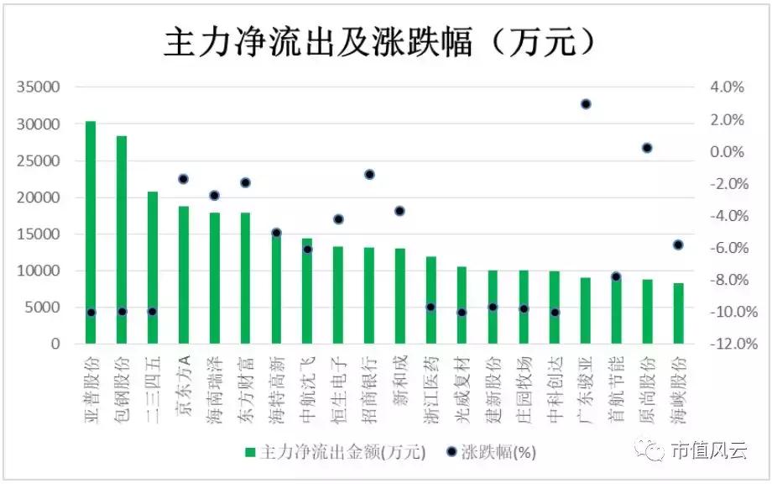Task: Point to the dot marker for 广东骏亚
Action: coord(586,104)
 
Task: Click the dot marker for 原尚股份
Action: coord(647,148)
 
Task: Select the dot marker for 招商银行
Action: coord(369,174)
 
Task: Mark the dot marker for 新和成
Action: coord(399,211)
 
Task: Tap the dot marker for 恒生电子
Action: coord(338,219)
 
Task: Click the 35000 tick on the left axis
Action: coord(42,87)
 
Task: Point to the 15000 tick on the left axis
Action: coord(42,234)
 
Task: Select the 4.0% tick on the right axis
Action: coord(726,87)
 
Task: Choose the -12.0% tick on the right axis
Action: coord(723,345)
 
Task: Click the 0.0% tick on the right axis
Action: coord(726,152)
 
